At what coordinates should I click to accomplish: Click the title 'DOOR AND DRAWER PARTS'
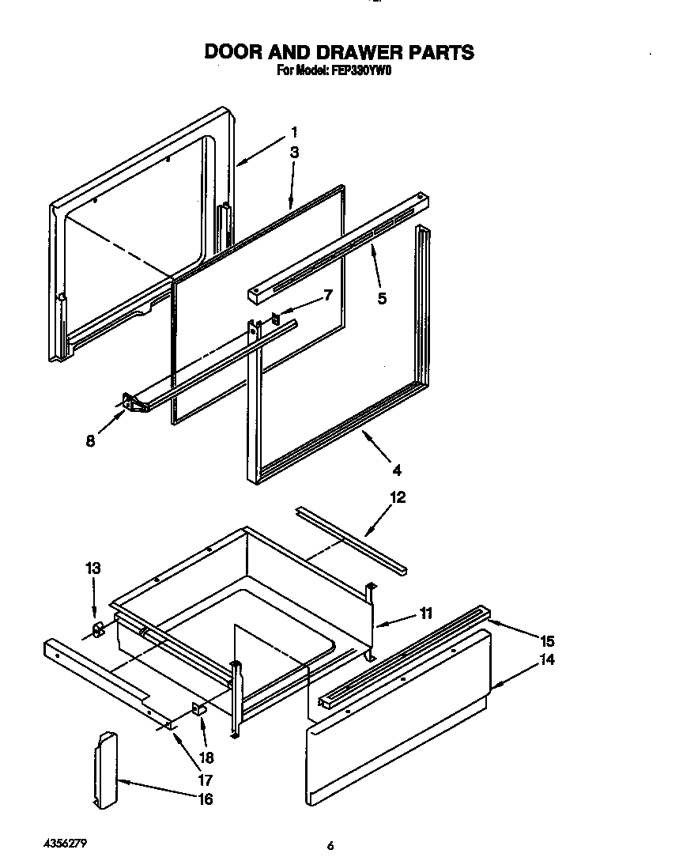340,51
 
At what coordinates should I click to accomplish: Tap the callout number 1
294,132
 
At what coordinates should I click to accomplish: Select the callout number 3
294,153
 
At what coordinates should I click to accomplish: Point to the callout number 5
382,299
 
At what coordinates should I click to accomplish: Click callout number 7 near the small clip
328,295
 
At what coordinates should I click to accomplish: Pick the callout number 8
91,441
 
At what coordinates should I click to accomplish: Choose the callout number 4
397,470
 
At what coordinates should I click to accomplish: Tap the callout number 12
397,497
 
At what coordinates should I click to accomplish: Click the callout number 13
93,568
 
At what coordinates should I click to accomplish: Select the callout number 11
426,613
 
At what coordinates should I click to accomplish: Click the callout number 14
546,660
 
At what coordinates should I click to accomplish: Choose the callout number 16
205,799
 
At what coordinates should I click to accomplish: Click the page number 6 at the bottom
330,846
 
